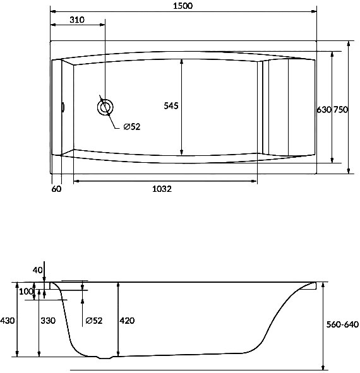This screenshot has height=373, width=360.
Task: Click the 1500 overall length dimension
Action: [x=183, y=6]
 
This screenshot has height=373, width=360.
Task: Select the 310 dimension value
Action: [x=77, y=20]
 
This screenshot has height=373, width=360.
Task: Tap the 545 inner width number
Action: [x=171, y=105]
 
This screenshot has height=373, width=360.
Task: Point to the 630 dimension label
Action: [x=324, y=110]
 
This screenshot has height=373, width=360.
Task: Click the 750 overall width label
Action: [x=340, y=110]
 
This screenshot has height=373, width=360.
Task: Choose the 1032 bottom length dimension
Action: [x=162, y=189]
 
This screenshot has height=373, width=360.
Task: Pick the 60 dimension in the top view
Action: [x=56, y=189]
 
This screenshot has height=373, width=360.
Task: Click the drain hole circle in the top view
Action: [x=105, y=107]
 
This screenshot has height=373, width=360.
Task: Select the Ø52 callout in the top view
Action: [x=132, y=127]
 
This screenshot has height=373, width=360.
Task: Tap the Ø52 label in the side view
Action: [x=94, y=321]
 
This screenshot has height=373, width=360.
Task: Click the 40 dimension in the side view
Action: [x=37, y=270]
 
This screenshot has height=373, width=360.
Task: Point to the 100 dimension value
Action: [x=26, y=292]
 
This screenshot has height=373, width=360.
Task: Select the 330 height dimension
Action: [x=48, y=321]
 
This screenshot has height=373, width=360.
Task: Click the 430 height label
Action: [x=8, y=321]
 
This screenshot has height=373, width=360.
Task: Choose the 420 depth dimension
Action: [x=127, y=321]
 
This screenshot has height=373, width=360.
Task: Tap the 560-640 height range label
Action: [x=342, y=324]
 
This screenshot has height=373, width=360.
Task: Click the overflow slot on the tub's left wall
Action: [x=63, y=107]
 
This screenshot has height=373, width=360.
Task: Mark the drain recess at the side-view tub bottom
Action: [x=105, y=357]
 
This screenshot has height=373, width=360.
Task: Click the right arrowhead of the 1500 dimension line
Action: [x=314, y=11]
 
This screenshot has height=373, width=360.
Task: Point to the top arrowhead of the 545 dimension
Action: [x=182, y=62]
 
